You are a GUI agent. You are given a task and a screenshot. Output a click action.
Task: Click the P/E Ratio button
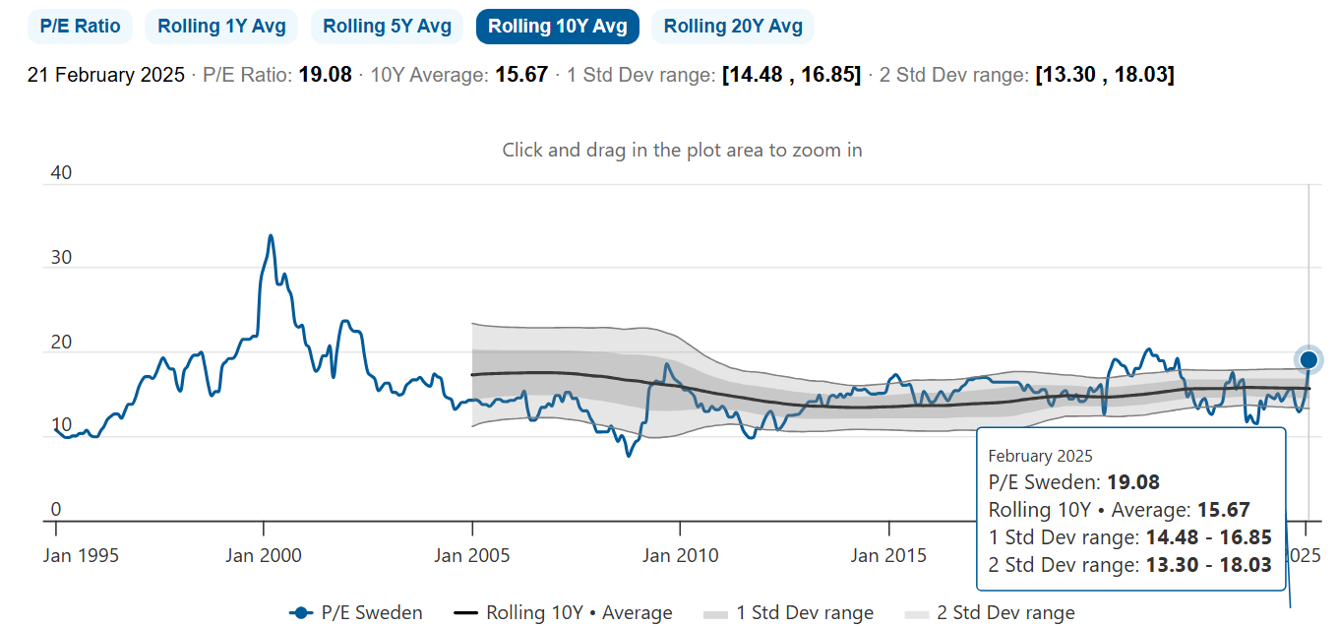click(80, 27)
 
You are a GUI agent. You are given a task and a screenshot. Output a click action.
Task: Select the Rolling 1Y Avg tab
click(221, 27)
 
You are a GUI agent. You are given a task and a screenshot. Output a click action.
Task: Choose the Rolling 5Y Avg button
click(387, 27)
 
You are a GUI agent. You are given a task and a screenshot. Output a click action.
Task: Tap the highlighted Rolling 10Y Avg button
click(557, 27)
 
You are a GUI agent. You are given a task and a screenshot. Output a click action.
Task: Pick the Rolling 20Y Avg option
click(733, 27)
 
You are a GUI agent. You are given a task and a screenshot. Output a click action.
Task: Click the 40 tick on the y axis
click(61, 173)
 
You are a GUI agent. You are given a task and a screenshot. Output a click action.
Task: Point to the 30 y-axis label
click(61, 257)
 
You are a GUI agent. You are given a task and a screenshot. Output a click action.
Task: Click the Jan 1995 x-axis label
click(82, 555)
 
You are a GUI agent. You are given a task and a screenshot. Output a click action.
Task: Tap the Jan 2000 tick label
click(264, 555)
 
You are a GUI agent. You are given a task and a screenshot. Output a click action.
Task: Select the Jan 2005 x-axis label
click(472, 555)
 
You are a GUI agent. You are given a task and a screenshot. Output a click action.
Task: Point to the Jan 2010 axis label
click(680, 555)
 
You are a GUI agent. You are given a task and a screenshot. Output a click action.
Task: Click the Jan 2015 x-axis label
click(888, 555)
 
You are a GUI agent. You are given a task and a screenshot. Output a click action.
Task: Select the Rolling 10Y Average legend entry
click(578, 613)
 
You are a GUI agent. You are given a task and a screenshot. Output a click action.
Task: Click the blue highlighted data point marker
click(1309, 360)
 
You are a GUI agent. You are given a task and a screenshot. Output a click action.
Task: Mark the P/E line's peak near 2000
click(270, 236)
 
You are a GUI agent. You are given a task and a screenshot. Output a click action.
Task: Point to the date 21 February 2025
click(106, 75)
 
